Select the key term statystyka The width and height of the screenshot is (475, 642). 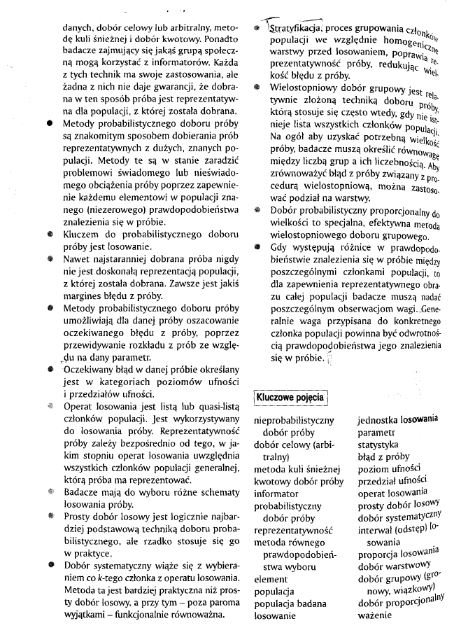(378, 445)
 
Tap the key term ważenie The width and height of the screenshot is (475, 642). (377, 615)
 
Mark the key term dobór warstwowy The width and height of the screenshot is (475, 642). (393, 565)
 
